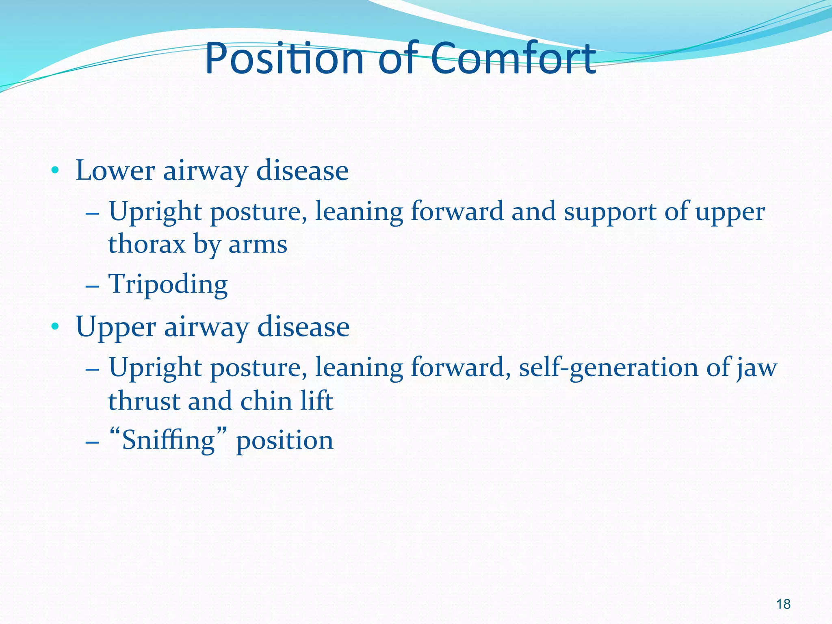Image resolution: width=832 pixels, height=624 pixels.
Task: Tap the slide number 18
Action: pos(783,604)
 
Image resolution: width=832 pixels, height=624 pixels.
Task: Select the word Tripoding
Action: pos(168,284)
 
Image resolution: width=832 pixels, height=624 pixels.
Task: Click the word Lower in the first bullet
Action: pos(115,171)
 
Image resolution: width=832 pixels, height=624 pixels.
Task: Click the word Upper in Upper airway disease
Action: pos(116,327)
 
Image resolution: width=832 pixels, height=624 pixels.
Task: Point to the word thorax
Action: pos(146,245)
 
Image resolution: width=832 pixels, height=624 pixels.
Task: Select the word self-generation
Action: pos(608,368)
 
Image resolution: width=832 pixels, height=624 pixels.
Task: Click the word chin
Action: pos(266,401)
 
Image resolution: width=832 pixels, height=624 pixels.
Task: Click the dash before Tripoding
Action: pos(93,286)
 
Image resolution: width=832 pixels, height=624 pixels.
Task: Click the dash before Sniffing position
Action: pos(93,442)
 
